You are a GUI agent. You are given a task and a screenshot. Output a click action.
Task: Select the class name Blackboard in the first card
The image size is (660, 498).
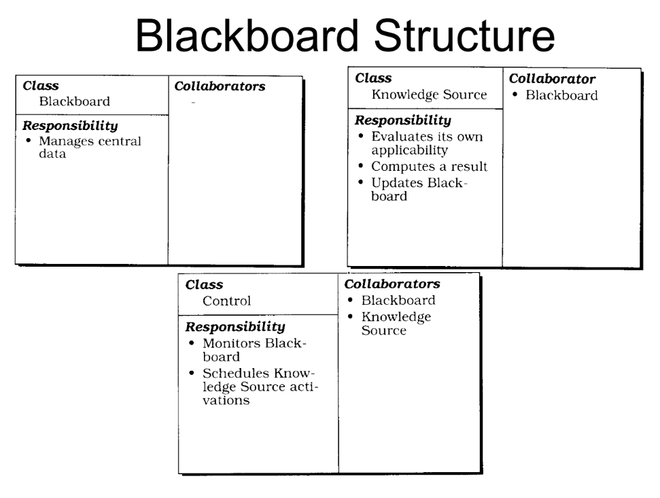pyautogui.click(x=74, y=102)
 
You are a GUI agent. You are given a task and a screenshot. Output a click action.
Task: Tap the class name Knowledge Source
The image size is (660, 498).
pyautogui.click(x=429, y=95)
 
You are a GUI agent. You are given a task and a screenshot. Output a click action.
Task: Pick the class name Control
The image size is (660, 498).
pyautogui.click(x=227, y=301)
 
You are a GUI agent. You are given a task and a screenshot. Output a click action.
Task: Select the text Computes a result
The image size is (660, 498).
pyautogui.click(x=429, y=167)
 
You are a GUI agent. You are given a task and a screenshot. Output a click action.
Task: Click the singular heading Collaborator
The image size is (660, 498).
pyautogui.click(x=552, y=80)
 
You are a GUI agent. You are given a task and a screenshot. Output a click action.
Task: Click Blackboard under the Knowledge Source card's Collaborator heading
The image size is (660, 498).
pyautogui.click(x=561, y=95)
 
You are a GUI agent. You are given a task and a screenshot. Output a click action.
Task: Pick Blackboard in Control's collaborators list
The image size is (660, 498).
pyautogui.click(x=398, y=300)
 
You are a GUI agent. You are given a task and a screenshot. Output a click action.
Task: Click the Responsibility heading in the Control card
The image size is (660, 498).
pyautogui.click(x=235, y=327)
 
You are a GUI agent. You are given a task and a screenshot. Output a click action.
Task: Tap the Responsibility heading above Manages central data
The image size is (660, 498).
pyautogui.click(x=70, y=126)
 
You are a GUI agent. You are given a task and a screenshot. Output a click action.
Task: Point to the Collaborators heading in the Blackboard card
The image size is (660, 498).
pyautogui.click(x=220, y=86)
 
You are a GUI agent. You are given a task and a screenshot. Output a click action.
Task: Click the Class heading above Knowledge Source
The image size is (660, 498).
pyautogui.click(x=373, y=78)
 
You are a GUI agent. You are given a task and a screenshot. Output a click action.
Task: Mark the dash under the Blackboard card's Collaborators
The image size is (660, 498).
pyautogui.click(x=193, y=103)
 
